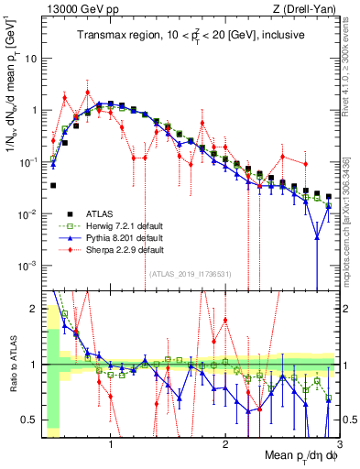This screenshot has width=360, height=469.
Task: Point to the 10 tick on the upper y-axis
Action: point(32,58)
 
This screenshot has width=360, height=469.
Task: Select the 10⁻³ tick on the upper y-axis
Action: point(29,266)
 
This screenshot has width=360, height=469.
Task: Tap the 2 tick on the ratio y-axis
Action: point(34,309)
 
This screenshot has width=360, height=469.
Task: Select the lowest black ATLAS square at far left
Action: point(53,185)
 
